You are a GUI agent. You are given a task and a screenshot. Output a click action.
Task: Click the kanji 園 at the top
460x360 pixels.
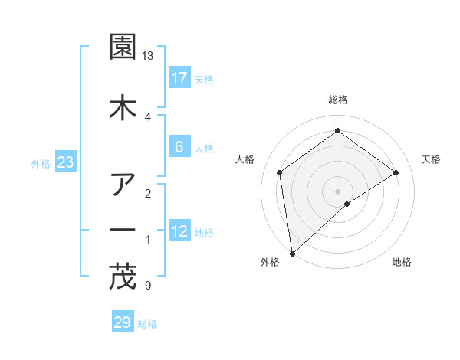pyautogui.click(x=123, y=48)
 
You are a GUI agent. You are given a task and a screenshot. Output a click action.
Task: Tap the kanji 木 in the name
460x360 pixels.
pyautogui.click(x=123, y=108)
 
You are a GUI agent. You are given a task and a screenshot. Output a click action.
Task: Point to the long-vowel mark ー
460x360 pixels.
pyautogui.click(x=123, y=230)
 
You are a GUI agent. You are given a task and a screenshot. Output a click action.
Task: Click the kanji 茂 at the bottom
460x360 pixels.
pyautogui.click(x=123, y=277)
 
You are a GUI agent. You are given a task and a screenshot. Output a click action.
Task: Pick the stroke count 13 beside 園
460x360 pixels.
pyautogui.click(x=148, y=57)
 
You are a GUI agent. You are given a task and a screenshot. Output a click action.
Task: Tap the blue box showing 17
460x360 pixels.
pyautogui.click(x=179, y=78)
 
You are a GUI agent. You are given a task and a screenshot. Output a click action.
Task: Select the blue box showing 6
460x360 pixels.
pyautogui.click(x=179, y=147)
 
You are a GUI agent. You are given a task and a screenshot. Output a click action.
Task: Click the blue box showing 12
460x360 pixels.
pyautogui.click(x=179, y=231)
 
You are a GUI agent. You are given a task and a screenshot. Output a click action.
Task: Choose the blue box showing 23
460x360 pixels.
pyautogui.click(x=66, y=163)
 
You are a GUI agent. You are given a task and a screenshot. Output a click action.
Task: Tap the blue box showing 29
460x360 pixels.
pyautogui.click(x=123, y=322)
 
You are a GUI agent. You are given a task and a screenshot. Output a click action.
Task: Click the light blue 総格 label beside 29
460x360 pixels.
pyautogui.click(x=147, y=324)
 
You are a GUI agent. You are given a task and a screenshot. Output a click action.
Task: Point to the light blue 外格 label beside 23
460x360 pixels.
pyautogui.click(x=41, y=164)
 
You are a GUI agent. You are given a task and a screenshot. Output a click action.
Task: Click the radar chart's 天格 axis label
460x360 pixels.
pyautogui.click(x=431, y=159)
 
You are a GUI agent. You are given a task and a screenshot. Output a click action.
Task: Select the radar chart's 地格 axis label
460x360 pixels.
pyautogui.click(x=402, y=262)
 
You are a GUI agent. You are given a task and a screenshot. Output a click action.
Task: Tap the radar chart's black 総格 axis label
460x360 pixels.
pyautogui.click(x=338, y=100)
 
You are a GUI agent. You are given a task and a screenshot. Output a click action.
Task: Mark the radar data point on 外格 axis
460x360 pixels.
pyautogui.click(x=291, y=253)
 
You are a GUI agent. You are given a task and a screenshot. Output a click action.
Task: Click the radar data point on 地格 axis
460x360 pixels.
pyautogui.click(x=347, y=204)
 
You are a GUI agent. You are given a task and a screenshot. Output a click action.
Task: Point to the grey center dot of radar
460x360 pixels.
pyautogui.click(x=338, y=191)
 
